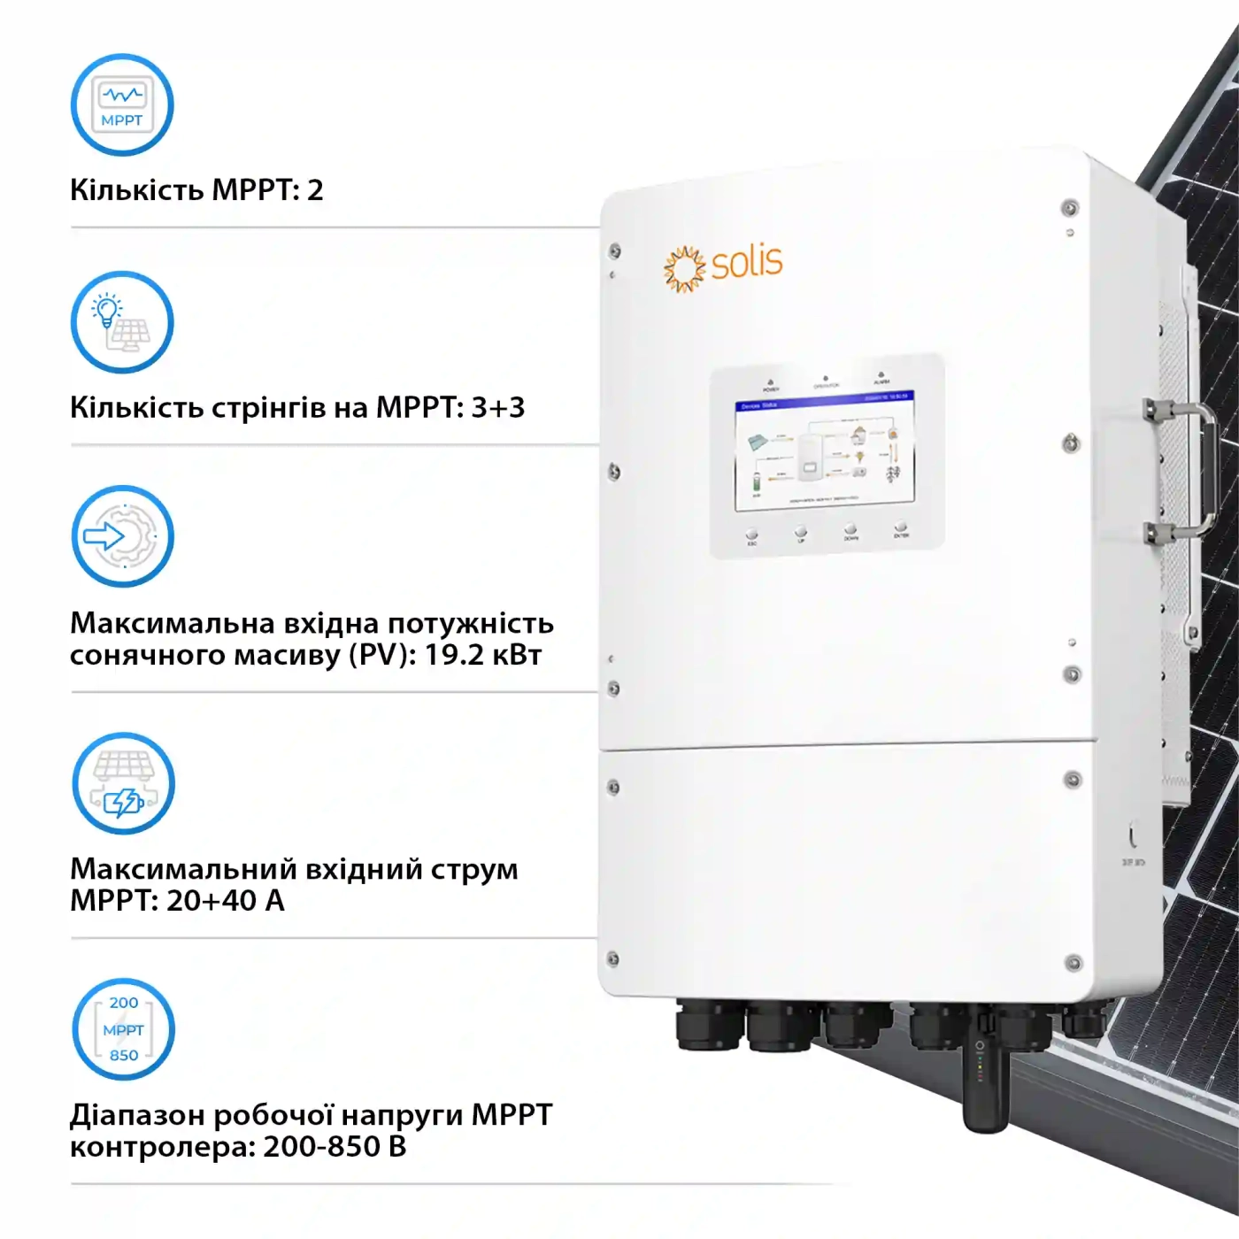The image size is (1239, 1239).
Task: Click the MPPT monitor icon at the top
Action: (122, 105)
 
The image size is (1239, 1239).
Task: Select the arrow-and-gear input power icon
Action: (122, 536)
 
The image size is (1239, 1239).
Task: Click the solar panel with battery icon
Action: (123, 783)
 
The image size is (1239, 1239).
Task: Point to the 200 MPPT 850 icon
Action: (123, 1029)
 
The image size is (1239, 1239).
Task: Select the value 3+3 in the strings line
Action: (498, 407)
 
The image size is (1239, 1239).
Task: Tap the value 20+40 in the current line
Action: (212, 901)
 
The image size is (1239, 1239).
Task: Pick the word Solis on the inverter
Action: (747, 262)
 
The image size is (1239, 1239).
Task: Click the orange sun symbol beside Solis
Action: (684, 269)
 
